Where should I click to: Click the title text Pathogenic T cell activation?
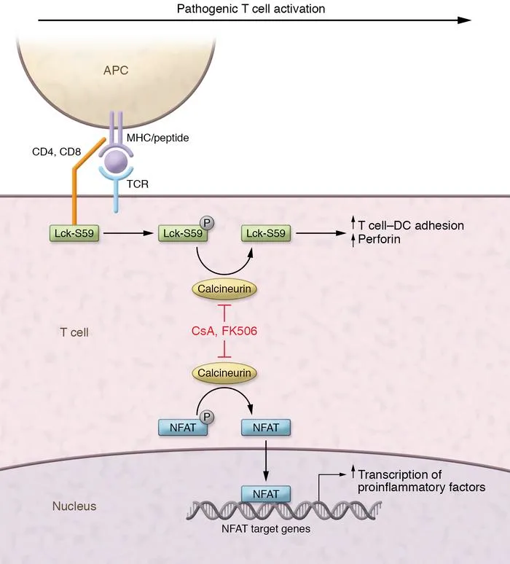coord(251,9)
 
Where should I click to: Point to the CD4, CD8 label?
coord(67,152)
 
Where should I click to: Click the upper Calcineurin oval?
coord(225,289)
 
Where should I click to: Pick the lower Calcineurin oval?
coord(225,373)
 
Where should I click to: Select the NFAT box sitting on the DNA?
coord(264,493)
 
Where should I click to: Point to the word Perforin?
coord(381,239)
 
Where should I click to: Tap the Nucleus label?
coord(75,505)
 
